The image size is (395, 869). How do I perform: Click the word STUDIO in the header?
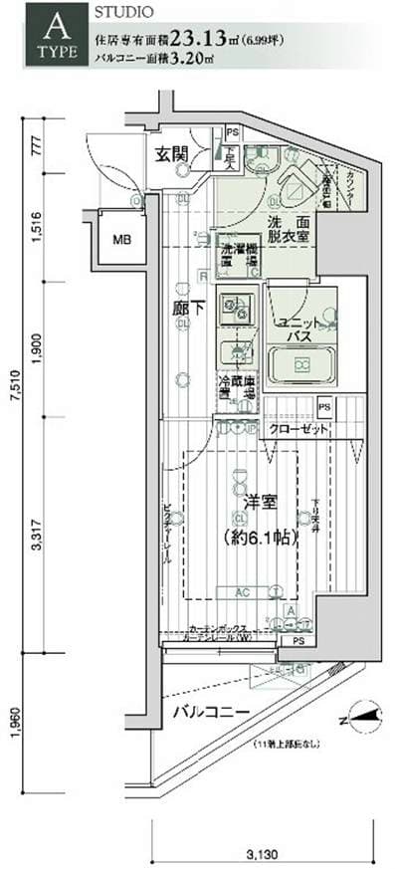click(123, 13)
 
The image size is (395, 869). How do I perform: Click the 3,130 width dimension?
click(263, 853)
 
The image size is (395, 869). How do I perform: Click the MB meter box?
click(120, 240)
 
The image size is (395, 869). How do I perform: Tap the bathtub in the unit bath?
click(301, 364)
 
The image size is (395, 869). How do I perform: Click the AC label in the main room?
click(242, 590)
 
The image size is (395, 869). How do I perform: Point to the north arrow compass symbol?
click(364, 713)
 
